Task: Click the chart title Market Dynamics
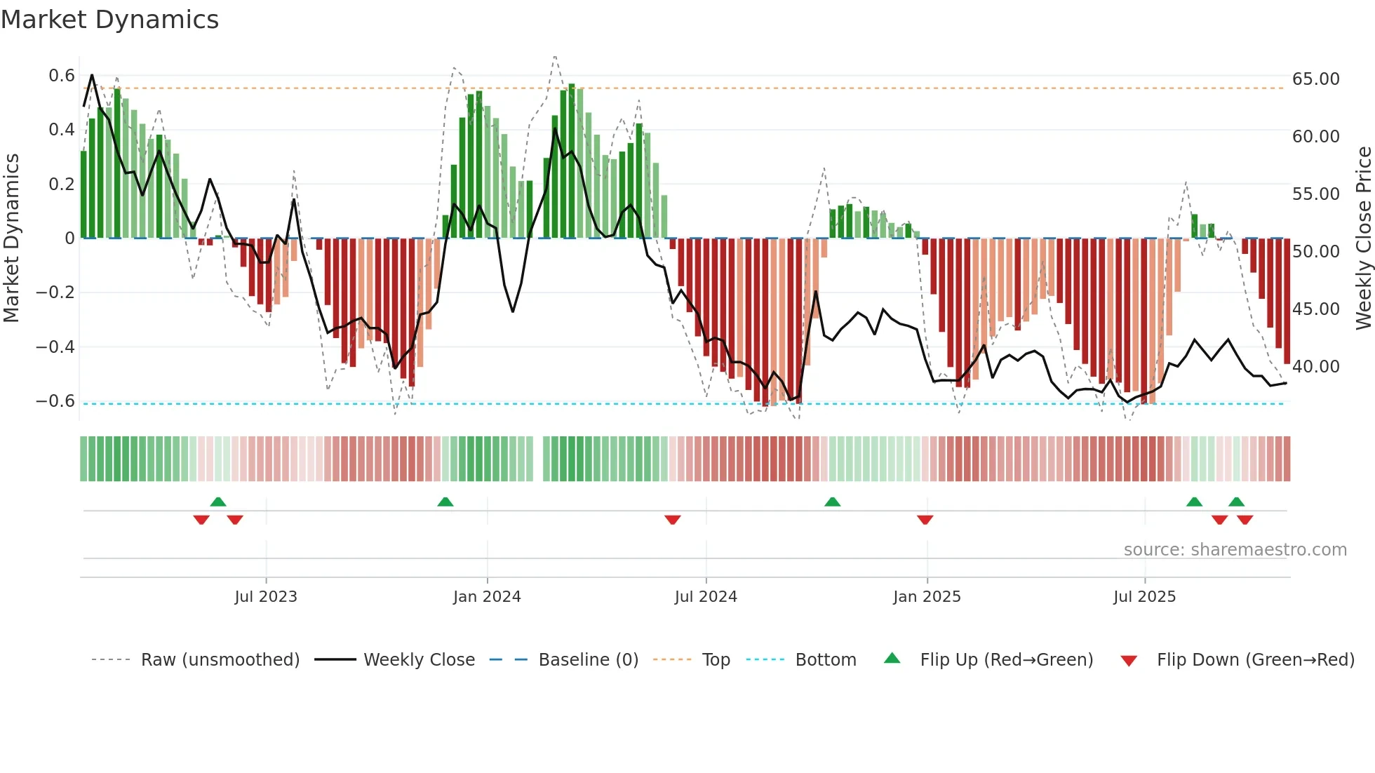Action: (110, 20)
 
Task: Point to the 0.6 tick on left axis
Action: (62, 76)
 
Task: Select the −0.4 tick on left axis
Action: (55, 347)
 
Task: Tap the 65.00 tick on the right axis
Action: (1315, 79)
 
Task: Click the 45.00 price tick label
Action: (1315, 309)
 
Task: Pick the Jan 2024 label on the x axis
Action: (487, 597)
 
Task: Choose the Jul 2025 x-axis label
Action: (1144, 597)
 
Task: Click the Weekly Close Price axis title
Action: (1363, 238)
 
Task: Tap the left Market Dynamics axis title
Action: (12, 238)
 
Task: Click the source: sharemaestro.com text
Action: (1235, 550)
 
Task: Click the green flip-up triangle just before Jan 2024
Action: (445, 502)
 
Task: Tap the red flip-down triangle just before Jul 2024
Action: (673, 520)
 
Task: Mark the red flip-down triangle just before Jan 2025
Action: (925, 520)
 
